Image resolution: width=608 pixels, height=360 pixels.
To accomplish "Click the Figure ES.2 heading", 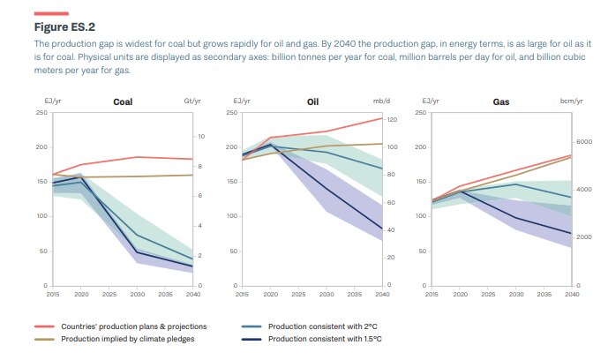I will [64, 26].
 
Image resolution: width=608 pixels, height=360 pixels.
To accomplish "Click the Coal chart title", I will [123, 102].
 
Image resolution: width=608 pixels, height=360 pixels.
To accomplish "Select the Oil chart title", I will [312, 102].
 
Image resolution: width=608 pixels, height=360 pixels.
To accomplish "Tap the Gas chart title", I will [501, 102].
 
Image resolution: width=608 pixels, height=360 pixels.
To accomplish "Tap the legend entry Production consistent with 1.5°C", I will [323, 339].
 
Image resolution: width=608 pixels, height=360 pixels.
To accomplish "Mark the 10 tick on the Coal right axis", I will [201, 137].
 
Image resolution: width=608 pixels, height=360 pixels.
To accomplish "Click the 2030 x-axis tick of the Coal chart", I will [137, 294].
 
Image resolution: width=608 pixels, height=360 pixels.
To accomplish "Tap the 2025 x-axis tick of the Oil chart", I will [298, 294].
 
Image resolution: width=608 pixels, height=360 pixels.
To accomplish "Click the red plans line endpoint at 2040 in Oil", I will [382, 118].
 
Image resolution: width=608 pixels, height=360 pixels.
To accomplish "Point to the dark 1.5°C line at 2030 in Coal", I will [137, 252].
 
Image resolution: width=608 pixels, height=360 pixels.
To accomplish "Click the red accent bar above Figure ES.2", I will [51, 13].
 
